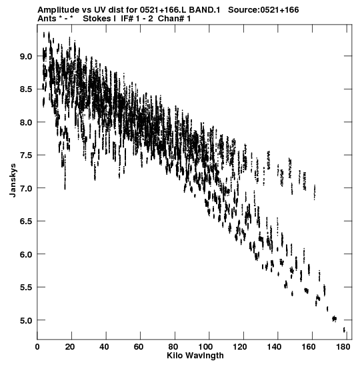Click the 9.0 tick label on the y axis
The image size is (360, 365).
(26, 56)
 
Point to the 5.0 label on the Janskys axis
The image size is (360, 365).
(26, 320)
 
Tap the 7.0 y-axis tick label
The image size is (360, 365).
(26, 188)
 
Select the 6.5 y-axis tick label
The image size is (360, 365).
(26, 221)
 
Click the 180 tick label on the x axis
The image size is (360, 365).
(343, 347)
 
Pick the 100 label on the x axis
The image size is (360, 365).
(207, 347)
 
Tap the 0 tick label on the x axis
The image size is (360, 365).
(37, 347)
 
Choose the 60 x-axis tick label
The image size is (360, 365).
(139, 347)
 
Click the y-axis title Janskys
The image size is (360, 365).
(13, 180)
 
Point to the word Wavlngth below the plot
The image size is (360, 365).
(204, 356)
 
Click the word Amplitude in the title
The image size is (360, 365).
(59, 11)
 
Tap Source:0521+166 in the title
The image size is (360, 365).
(263, 10)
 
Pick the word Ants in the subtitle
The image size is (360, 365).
(47, 19)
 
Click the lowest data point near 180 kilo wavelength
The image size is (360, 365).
(344, 330)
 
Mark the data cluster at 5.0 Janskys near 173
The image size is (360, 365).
(335, 318)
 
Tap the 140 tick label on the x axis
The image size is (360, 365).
(275, 347)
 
